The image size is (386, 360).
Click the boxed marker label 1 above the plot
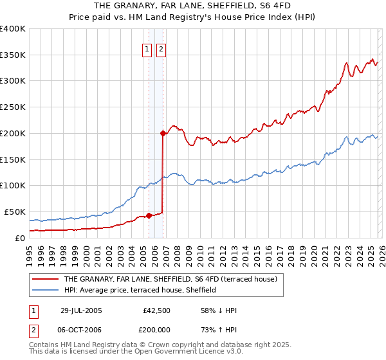(147, 49)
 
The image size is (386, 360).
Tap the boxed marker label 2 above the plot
(160, 49)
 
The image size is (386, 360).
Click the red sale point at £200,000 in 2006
(163, 133)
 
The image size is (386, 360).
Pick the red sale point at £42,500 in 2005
(149, 215)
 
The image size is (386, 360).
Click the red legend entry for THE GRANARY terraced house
(170, 280)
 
